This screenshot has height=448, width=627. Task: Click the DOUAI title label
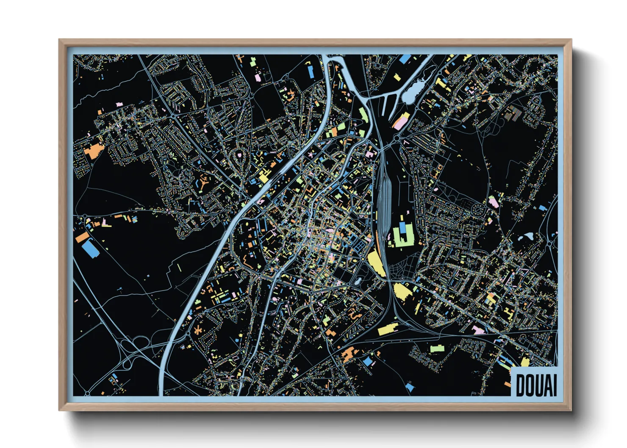(535, 385)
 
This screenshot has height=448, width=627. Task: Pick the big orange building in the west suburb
(94, 150)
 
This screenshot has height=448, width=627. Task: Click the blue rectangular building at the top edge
(405, 58)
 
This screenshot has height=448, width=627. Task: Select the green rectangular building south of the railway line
(437, 348)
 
